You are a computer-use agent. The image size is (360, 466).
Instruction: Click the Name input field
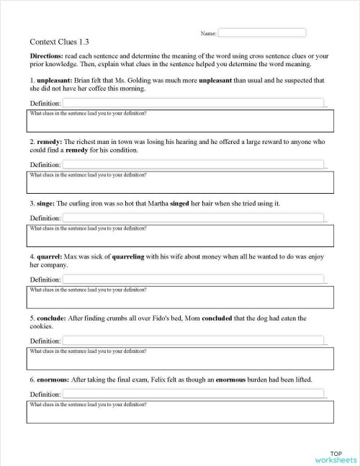click(x=261, y=32)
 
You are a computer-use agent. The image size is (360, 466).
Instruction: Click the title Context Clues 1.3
click(x=60, y=42)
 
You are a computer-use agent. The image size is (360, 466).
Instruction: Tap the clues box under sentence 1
click(x=181, y=122)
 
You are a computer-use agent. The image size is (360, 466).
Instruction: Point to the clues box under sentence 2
click(x=181, y=183)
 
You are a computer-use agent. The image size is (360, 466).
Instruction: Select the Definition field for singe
click(x=194, y=218)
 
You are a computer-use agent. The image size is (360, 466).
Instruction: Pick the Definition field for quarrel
click(x=194, y=279)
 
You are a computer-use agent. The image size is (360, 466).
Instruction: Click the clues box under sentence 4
click(x=181, y=297)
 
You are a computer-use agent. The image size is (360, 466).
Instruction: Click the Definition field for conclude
click(x=194, y=341)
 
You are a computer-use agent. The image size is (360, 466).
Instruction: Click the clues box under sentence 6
click(x=181, y=412)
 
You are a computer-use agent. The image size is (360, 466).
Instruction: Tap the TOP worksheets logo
click(x=336, y=455)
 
